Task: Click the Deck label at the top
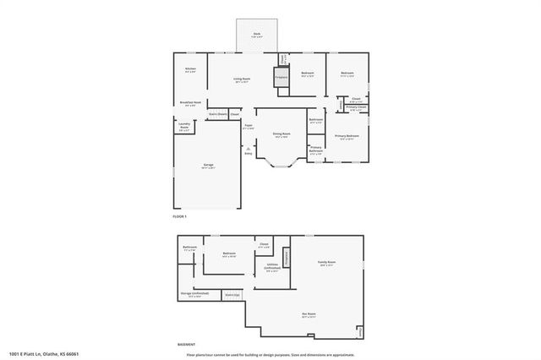pos(257,35)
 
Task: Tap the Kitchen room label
pos(191,70)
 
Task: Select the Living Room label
pos(241,80)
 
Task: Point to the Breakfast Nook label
pos(190,103)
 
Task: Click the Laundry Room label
pos(183,128)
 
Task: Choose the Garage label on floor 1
pos(207,166)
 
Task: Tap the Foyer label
pos(249,127)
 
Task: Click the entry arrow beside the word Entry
pos(249,148)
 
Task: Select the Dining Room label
pos(281,134)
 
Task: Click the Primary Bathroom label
pos(315,150)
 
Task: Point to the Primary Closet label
pos(356,107)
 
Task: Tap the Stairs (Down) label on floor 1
pos(216,113)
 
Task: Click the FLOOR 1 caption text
pos(179,217)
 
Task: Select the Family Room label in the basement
pos(326,264)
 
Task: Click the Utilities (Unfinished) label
pos(271,268)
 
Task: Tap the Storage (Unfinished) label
pos(194,295)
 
